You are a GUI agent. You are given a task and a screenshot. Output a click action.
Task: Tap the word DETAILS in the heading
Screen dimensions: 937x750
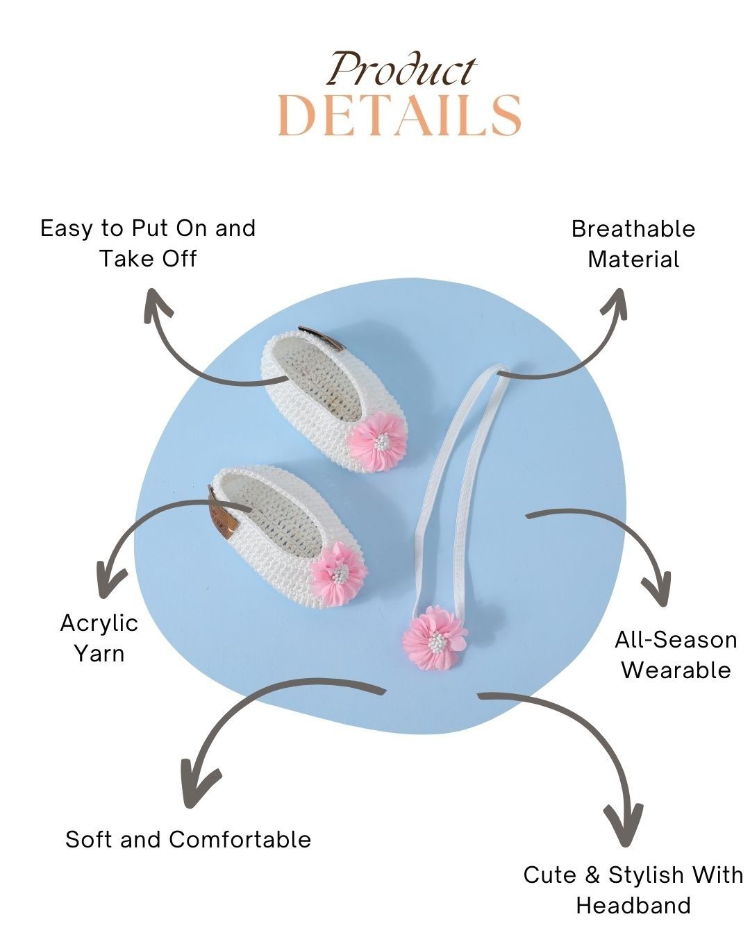tap(399, 115)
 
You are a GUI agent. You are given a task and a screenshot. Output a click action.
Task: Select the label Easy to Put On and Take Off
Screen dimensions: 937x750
tap(148, 243)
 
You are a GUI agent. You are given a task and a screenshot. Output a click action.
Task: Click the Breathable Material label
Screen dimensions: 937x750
tap(633, 244)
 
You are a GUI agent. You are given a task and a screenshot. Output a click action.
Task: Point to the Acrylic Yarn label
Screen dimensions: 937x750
tap(99, 638)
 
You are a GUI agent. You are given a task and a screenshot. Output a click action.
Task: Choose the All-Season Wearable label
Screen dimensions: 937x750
tap(676, 655)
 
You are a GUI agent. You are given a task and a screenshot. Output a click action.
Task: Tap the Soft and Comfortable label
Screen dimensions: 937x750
tap(188, 839)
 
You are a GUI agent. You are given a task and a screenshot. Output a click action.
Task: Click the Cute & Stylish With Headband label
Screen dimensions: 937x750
tap(633, 890)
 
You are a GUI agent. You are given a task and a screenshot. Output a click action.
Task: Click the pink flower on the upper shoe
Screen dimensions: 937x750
tap(377, 441)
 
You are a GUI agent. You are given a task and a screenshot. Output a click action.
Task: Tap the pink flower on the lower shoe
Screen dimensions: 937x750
tap(339, 573)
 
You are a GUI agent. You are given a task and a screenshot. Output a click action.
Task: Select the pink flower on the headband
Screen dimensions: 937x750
tap(435, 637)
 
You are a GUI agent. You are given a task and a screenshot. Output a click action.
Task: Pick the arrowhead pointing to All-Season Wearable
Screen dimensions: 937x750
tap(657, 590)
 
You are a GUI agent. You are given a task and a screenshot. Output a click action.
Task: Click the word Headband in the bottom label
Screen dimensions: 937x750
tap(633, 905)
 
